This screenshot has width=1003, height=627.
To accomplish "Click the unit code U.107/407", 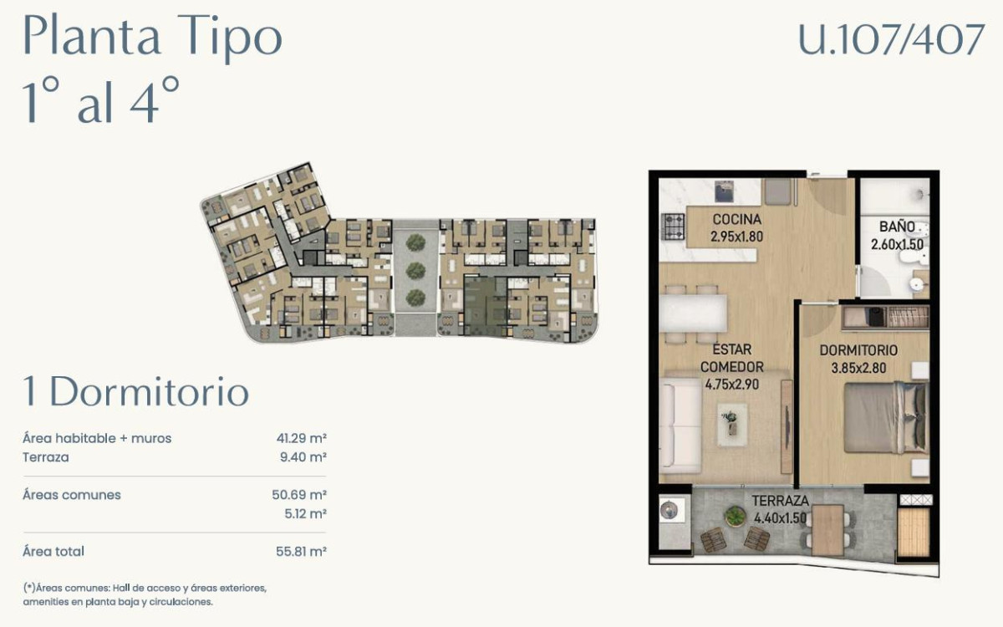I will pyautogui.click(x=891, y=40).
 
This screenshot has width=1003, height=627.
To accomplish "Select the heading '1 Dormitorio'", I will pyautogui.click(x=136, y=392).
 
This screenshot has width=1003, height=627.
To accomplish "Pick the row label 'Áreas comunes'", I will pyautogui.click(x=72, y=495).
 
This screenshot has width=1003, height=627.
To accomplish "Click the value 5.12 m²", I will pyautogui.click(x=305, y=514).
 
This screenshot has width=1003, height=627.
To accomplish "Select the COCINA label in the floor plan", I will pyautogui.click(x=736, y=220).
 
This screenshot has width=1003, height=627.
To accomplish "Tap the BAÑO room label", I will pyautogui.click(x=896, y=227).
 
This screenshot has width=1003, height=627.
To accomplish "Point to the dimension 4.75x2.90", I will pyautogui.click(x=732, y=385).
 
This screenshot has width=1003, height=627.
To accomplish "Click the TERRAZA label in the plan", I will pyautogui.click(x=780, y=501).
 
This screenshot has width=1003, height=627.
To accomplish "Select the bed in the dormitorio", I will pyautogui.click(x=884, y=417).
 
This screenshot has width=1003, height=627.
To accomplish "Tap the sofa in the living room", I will pyautogui.click(x=680, y=426).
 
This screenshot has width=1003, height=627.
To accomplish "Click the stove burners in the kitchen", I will pyautogui.click(x=674, y=226).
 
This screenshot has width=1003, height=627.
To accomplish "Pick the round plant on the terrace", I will pyautogui.click(x=735, y=516).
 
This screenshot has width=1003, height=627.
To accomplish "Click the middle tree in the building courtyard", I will pyautogui.click(x=415, y=270).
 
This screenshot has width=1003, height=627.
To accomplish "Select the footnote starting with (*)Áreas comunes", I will pyautogui.click(x=145, y=594).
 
